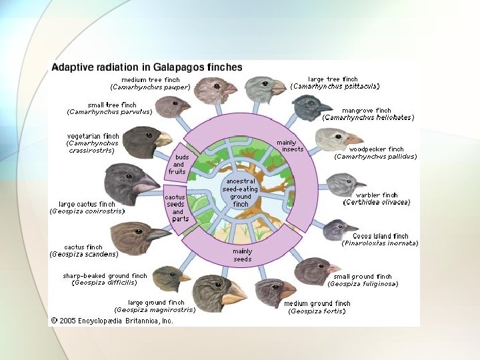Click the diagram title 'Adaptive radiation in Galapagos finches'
147,67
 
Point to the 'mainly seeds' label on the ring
242,255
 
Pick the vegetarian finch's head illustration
142,141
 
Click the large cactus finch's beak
145,186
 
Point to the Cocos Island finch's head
335,229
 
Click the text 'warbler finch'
377,195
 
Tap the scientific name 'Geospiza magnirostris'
155,309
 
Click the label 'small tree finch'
112,105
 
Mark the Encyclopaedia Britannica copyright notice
112,320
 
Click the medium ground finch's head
273,291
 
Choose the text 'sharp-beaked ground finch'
105,275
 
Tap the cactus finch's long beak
158,234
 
